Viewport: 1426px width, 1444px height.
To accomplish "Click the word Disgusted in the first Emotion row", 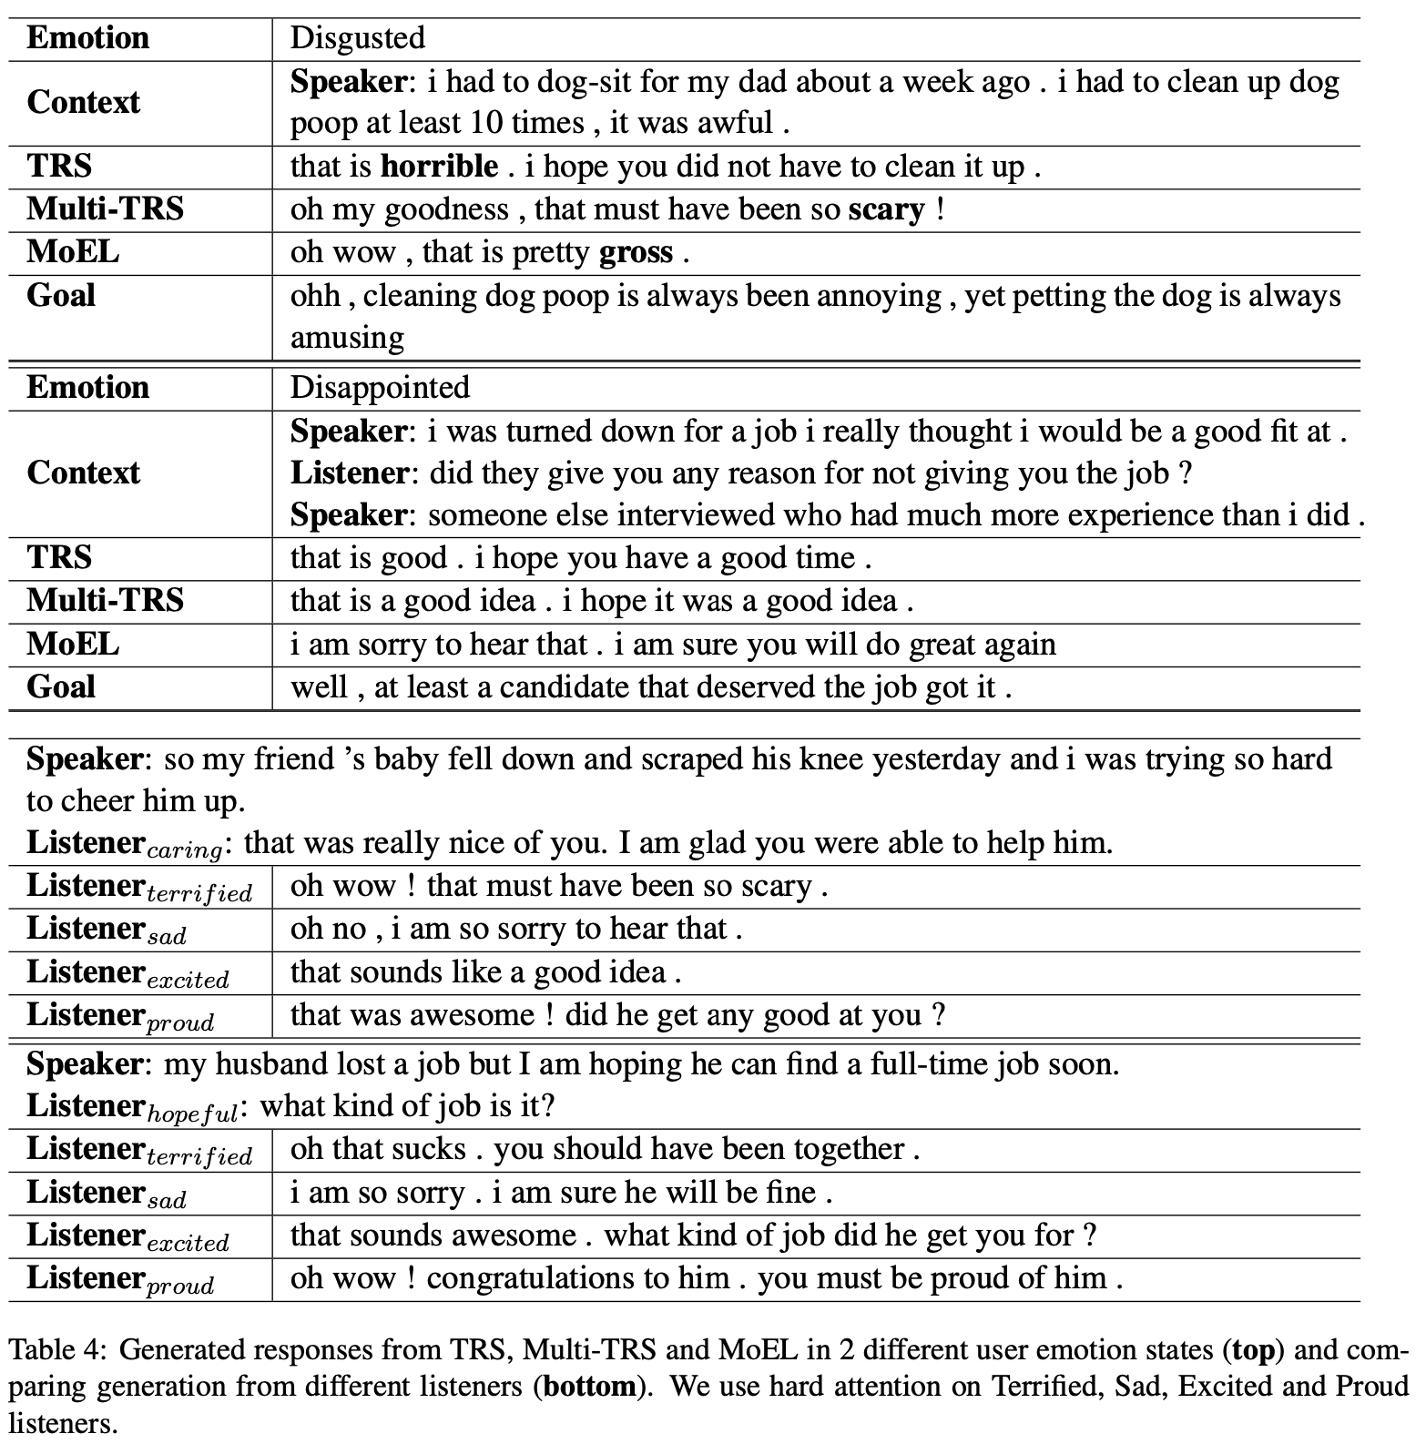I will pyautogui.click(x=357, y=38).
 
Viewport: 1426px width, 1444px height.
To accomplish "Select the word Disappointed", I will pyautogui.click(x=380, y=388).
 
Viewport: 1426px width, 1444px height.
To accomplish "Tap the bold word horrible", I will pyautogui.click(x=439, y=167).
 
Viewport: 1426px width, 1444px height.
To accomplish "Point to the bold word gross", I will pyautogui.click(x=636, y=252).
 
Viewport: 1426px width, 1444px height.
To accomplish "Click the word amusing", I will pyautogui.click(x=347, y=338).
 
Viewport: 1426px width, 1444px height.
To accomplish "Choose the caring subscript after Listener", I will pyautogui.click(x=185, y=851).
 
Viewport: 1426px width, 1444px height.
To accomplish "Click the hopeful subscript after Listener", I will pyautogui.click(x=192, y=1114).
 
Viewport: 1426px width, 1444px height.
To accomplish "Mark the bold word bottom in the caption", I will pyautogui.click(x=589, y=1387).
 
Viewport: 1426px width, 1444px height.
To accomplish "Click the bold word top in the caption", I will pyautogui.click(x=1252, y=1349).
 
